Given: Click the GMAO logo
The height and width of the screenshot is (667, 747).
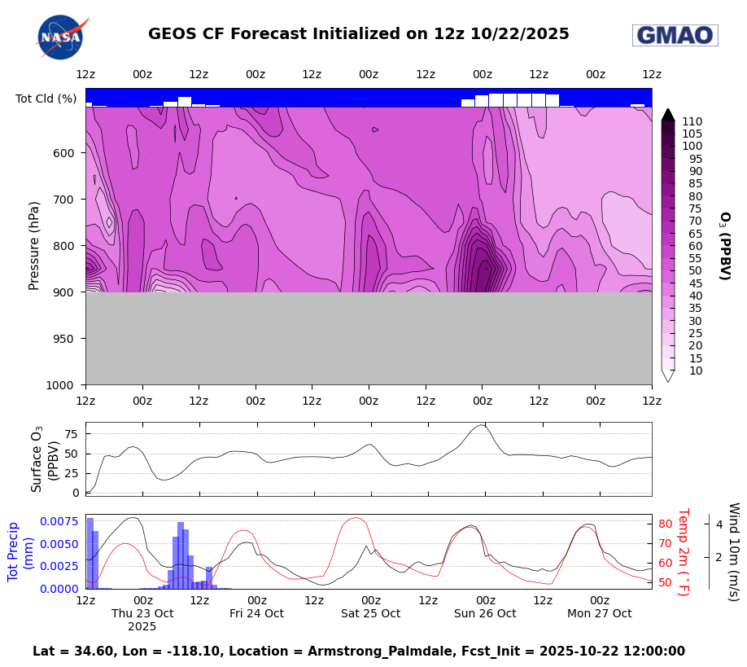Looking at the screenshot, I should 675,35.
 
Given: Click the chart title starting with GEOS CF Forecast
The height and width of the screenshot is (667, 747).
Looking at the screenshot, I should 358,34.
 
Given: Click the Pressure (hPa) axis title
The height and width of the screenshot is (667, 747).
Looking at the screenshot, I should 34,245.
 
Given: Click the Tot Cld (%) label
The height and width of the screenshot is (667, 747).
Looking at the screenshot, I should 46,99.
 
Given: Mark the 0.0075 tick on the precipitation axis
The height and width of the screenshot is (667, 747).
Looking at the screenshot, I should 54,521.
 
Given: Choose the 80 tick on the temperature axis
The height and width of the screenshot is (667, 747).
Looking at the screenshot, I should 664,524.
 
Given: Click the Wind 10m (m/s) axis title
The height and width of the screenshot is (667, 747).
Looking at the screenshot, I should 732,551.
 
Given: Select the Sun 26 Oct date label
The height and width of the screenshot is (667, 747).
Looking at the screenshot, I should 485,613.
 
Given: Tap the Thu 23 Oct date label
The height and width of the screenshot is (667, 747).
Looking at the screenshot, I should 142,613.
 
